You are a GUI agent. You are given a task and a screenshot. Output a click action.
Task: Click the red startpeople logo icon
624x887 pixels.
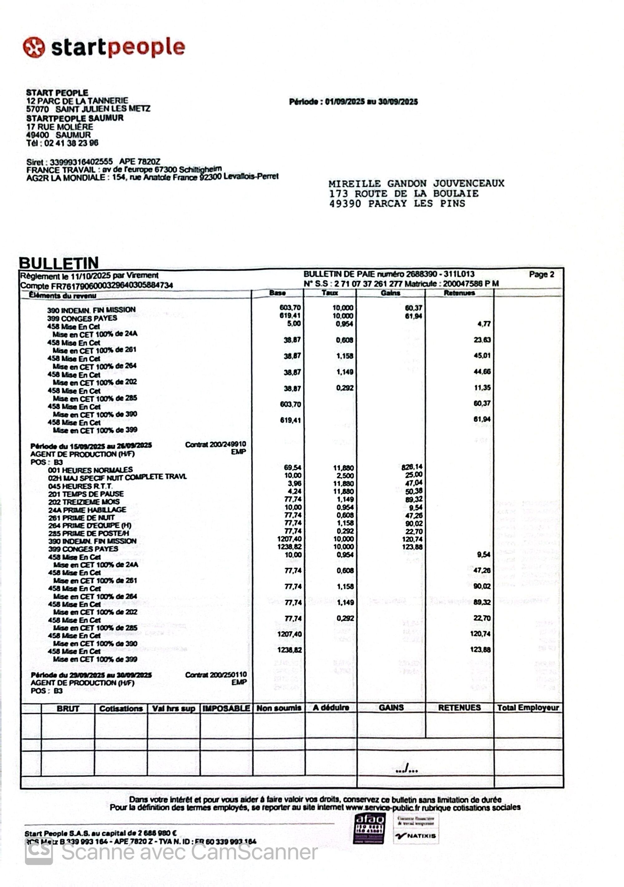(x=34, y=47)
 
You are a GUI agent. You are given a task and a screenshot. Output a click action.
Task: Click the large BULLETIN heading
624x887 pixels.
(x=59, y=263)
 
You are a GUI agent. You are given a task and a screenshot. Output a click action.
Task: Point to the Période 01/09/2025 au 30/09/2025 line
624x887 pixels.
(x=353, y=102)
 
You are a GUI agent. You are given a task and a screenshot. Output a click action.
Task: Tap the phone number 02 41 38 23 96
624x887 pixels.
(x=71, y=143)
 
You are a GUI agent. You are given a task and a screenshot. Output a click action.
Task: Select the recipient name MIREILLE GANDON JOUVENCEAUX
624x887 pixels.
(x=416, y=184)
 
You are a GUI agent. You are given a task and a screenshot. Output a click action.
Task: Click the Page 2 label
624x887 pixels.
(x=541, y=274)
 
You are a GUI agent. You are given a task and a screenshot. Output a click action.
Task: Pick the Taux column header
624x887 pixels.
(x=330, y=293)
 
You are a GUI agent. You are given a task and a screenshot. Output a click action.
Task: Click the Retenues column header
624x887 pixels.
(x=459, y=293)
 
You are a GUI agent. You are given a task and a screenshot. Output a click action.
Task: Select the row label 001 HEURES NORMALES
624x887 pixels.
(x=90, y=470)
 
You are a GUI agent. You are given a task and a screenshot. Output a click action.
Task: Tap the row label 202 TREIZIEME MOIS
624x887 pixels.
(x=84, y=502)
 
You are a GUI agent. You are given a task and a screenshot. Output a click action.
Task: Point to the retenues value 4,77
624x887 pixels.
(x=484, y=324)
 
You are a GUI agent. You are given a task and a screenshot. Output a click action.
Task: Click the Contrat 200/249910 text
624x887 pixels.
(x=216, y=444)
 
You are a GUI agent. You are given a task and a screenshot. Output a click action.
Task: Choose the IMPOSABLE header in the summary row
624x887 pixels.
(x=226, y=708)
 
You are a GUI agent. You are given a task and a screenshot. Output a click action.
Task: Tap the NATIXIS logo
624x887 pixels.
(x=416, y=836)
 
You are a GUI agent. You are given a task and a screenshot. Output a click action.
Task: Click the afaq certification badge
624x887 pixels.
(x=369, y=828)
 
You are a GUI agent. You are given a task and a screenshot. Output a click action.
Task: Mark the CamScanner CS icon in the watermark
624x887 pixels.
(x=39, y=853)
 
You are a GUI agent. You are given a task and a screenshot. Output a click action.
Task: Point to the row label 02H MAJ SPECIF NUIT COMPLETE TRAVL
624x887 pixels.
(x=117, y=477)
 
